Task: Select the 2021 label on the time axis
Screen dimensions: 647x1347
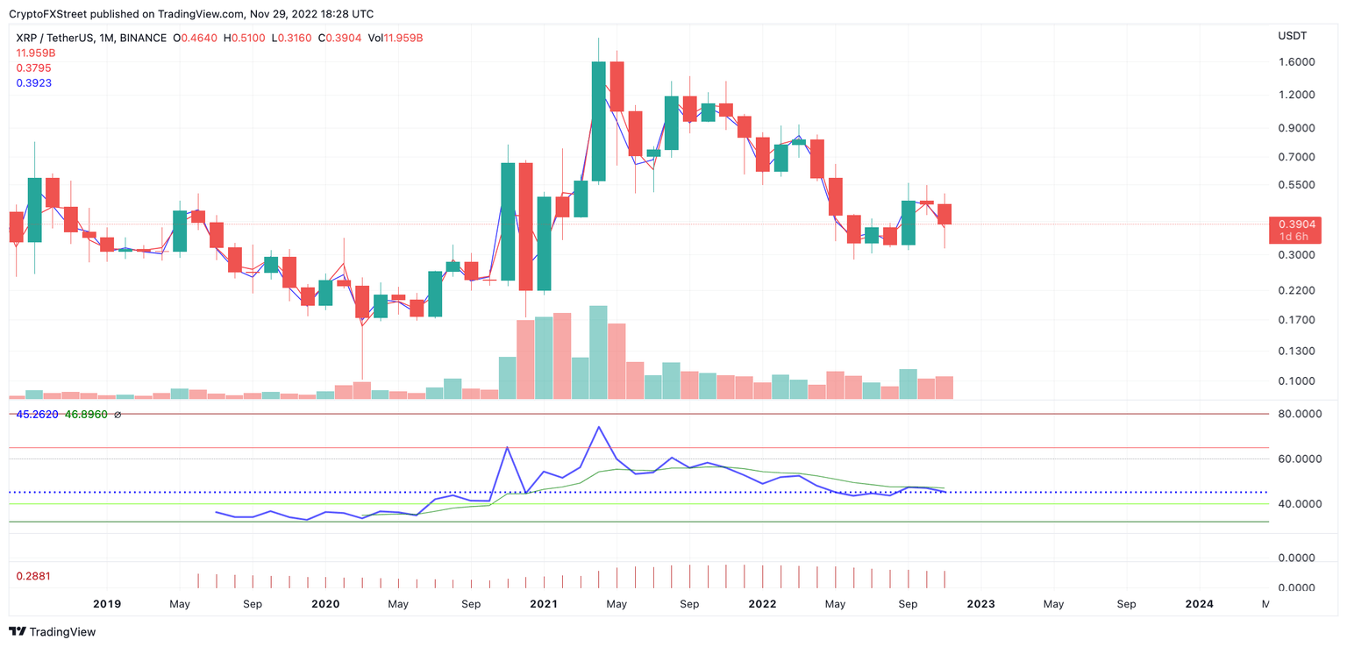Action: click(x=544, y=604)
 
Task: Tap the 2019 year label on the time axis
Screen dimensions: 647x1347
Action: click(x=106, y=604)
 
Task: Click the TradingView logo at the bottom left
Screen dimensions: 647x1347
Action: click(x=53, y=631)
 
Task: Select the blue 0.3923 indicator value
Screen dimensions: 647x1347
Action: click(x=34, y=83)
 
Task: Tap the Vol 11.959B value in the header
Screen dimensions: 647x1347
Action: click(x=396, y=39)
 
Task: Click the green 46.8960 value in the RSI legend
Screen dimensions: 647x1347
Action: click(x=86, y=414)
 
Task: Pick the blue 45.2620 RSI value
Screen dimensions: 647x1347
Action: click(x=38, y=414)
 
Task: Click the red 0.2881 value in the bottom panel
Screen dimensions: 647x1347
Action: click(x=34, y=576)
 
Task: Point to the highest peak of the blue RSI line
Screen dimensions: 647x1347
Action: click(x=598, y=427)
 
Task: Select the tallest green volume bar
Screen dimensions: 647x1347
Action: click(x=598, y=352)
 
